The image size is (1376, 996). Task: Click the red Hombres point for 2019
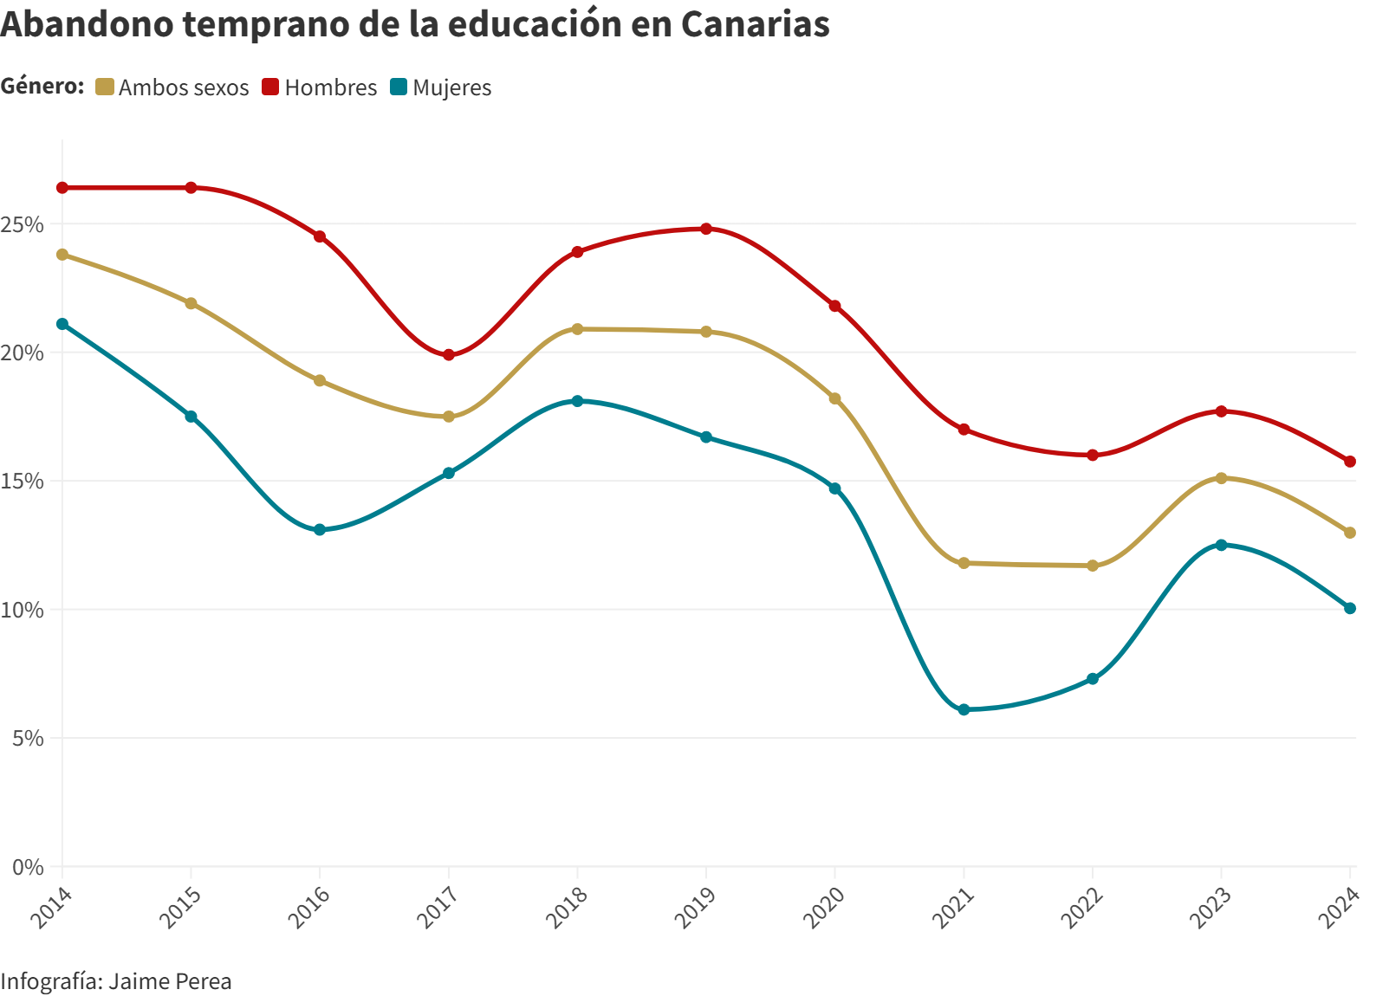point(706,229)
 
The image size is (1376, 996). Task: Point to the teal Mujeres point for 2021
point(964,709)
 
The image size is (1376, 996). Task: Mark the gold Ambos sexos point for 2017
point(449,417)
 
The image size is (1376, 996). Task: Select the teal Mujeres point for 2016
point(320,529)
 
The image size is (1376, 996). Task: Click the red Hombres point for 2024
point(1350,462)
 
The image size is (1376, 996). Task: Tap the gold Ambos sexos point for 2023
point(1222,478)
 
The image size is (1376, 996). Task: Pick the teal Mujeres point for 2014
point(62,324)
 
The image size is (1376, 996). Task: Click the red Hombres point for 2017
point(449,355)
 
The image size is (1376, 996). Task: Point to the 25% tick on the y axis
point(23,224)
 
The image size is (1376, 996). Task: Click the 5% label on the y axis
point(28,739)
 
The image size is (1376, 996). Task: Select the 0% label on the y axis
point(28,867)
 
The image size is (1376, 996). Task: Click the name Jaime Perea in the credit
point(171,981)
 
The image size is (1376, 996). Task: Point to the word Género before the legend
point(42,87)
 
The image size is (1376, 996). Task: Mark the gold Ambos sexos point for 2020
point(835,398)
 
